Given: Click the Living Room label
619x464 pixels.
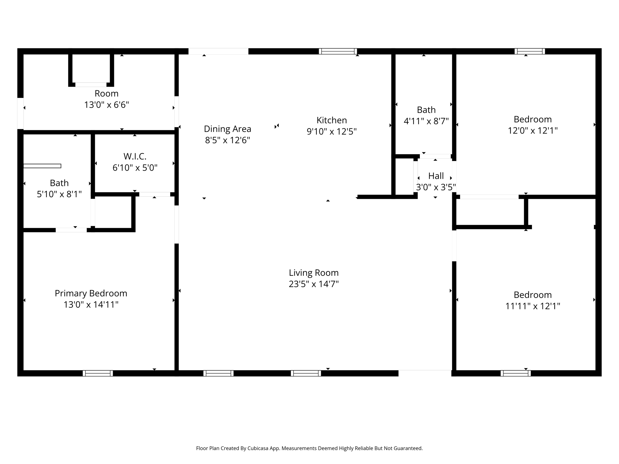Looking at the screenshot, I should [313, 273].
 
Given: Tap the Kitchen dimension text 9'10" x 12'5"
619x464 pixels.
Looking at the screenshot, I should [332, 132].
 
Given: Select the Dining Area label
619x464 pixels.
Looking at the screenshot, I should [227, 129].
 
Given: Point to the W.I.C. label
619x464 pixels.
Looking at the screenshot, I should [135, 156].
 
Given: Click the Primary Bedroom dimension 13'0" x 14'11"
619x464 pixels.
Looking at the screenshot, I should [91, 304].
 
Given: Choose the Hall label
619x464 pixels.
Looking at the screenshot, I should [436, 176].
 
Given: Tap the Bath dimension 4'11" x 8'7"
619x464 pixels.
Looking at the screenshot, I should [426, 121].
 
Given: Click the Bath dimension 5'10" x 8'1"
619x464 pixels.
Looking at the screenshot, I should [59, 194].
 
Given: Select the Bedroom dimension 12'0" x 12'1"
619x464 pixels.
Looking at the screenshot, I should [533, 131].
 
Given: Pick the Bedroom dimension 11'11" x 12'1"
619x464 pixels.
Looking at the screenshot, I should [533, 306].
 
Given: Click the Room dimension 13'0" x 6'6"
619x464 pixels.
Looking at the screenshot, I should [106, 105].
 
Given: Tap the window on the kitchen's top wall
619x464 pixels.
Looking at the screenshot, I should [338, 51].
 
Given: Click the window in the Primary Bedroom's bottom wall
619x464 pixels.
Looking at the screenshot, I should [98, 373].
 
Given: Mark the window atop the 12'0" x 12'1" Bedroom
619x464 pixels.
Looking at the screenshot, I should [530, 51].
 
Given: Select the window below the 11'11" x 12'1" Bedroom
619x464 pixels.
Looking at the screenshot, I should [515, 373].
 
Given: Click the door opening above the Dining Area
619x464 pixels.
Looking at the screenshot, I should [218, 51].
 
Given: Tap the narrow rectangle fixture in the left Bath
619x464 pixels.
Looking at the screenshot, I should [42, 166].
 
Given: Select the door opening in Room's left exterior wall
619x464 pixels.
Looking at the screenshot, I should [20, 113].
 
